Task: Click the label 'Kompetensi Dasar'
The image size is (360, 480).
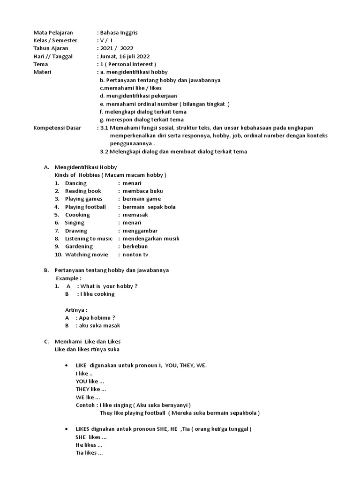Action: (57, 127)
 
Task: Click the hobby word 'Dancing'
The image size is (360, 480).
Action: (75, 183)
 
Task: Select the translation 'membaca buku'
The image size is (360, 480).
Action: (142, 191)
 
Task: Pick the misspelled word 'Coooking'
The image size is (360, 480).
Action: (77, 215)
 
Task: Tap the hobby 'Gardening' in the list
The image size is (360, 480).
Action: (79, 247)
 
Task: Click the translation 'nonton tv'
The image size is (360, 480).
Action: (135, 255)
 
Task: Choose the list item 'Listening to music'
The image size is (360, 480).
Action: (89, 239)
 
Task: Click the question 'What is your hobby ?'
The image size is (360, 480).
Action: (109, 286)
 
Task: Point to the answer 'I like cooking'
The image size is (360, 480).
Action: (97, 294)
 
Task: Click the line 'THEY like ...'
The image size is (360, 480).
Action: (91, 389)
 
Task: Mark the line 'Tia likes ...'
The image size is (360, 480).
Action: (89, 453)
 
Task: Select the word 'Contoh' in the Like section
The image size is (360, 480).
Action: (86, 405)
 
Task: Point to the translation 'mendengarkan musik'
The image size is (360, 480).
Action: (151, 239)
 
